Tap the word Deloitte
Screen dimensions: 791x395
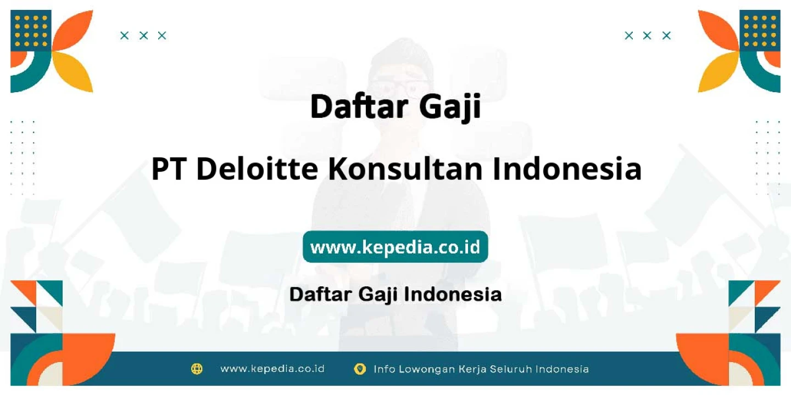(257, 168)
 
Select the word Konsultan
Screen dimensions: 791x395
(405, 168)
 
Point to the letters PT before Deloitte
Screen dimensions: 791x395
(169, 169)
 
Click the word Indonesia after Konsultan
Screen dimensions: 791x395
(567, 168)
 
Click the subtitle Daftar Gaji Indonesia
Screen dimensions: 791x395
(396, 295)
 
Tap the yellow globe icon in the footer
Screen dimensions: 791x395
(197, 369)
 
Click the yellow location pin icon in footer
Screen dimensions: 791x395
(360, 369)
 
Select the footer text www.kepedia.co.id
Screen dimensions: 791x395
(272, 369)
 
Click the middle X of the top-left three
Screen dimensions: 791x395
(143, 36)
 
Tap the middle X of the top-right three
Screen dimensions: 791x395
(647, 36)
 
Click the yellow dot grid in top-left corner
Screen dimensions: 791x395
(31, 31)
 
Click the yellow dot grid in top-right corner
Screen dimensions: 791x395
(760, 31)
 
